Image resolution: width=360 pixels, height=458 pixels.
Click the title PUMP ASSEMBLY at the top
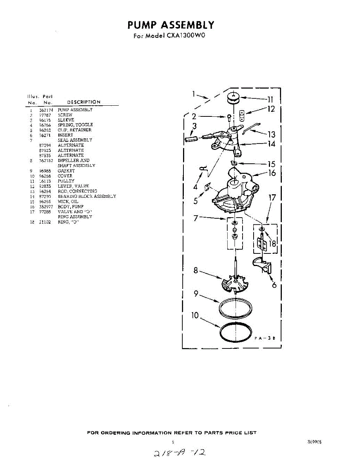click(x=171, y=25)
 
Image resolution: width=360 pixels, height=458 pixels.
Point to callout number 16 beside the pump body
click(x=272, y=173)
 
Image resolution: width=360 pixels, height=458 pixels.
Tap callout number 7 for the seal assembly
click(x=196, y=218)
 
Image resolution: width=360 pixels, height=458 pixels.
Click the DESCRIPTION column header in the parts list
click(x=84, y=102)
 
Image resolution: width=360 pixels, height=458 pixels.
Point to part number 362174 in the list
click(x=46, y=110)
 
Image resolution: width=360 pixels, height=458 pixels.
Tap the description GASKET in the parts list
click(x=66, y=171)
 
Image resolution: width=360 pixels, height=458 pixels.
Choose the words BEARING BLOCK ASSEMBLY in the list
click(x=87, y=196)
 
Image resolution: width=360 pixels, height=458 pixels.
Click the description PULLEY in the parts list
click(x=66, y=181)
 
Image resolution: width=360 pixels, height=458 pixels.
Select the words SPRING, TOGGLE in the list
click(x=75, y=125)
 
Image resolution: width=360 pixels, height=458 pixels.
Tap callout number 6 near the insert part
click(x=274, y=284)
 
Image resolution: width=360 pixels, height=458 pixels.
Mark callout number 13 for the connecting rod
click(x=272, y=134)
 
